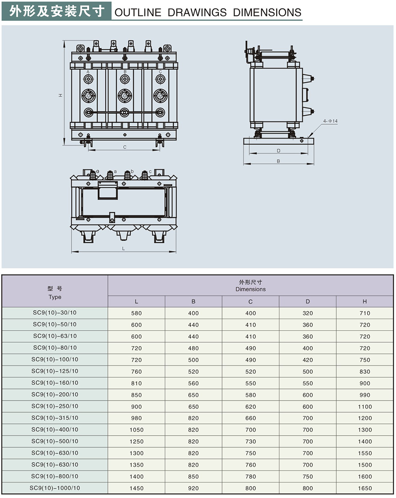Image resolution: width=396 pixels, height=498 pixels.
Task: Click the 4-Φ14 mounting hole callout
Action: click(331, 121)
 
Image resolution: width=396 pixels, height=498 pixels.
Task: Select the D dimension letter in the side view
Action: click(279, 150)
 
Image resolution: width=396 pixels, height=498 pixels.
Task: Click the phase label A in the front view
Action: click(88, 71)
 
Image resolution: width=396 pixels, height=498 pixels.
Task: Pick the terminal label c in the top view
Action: click(150, 171)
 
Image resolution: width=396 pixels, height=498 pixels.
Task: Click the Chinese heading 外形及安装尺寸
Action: click(57, 11)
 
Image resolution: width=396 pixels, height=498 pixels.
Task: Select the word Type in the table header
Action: click(55, 297)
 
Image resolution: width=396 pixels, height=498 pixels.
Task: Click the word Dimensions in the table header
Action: click(251, 289)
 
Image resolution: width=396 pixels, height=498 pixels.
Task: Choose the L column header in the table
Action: click(137, 302)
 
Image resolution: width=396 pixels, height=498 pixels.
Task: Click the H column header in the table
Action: click(365, 302)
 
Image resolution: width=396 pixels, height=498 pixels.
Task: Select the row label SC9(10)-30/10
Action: click(55, 312)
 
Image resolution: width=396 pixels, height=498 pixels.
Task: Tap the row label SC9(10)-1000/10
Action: click(55, 488)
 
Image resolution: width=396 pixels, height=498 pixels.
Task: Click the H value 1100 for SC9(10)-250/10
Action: click(365, 406)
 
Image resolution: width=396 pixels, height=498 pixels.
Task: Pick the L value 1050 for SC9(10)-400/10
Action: click(137, 430)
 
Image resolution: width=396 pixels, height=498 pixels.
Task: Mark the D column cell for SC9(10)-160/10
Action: click(307, 383)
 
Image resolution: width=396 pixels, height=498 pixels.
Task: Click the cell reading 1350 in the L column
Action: click(137, 465)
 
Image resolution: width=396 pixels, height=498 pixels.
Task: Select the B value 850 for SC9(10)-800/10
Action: click(194, 476)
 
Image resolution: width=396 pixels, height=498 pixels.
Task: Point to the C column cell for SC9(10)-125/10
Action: click(251, 372)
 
